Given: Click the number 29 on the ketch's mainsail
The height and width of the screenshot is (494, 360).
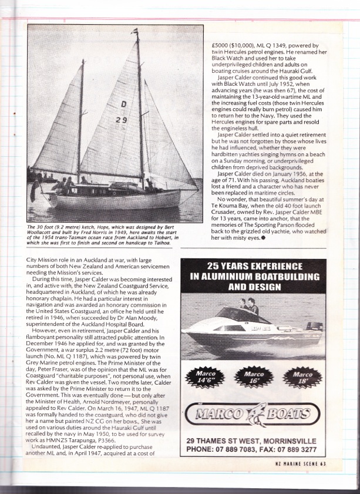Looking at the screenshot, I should (x=122, y=120).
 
